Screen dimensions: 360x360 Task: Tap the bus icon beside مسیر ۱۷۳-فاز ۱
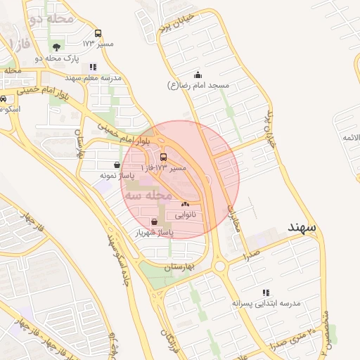pyautogui.click(x=164, y=157)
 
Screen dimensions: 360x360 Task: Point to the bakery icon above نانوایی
pyautogui.click(x=185, y=204)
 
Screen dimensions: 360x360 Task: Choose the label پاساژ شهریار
pyautogui.click(x=155, y=232)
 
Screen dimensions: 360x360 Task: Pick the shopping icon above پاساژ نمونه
pyautogui.click(x=116, y=165)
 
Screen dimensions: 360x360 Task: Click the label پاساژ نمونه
pyautogui.click(x=116, y=175)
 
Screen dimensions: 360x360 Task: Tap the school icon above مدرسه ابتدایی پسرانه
pyautogui.click(x=266, y=292)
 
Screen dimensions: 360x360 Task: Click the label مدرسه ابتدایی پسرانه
pyautogui.click(x=266, y=303)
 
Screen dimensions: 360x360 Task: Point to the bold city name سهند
pyautogui.click(x=304, y=227)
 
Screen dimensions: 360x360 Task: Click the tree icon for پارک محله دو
pyautogui.click(x=56, y=48)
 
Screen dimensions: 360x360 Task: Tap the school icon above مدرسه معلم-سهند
pyautogui.click(x=93, y=67)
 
